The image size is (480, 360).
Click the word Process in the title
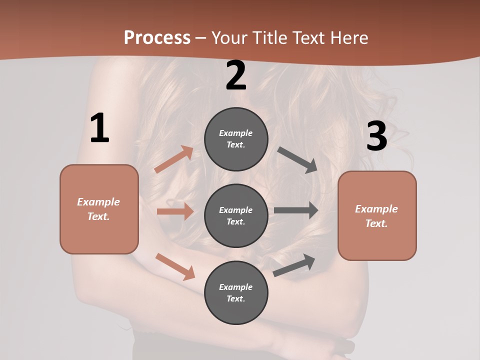[x=157, y=37]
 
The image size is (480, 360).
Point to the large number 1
[x=99, y=128]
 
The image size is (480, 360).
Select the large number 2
[x=236, y=75]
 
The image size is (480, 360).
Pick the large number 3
[x=376, y=136]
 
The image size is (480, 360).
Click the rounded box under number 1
[x=99, y=209]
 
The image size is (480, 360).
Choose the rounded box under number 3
[x=377, y=215]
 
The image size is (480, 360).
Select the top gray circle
[x=236, y=139]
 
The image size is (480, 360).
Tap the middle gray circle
[x=236, y=215]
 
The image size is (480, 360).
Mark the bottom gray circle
[x=236, y=292]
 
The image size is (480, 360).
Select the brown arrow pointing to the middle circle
[x=175, y=211]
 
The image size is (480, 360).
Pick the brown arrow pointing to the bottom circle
[x=175, y=266]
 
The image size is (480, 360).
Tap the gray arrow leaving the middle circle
[x=296, y=210]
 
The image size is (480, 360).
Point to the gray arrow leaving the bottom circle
[x=294, y=265]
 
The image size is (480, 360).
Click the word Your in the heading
[x=229, y=37]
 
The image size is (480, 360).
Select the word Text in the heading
[x=308, y=37]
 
